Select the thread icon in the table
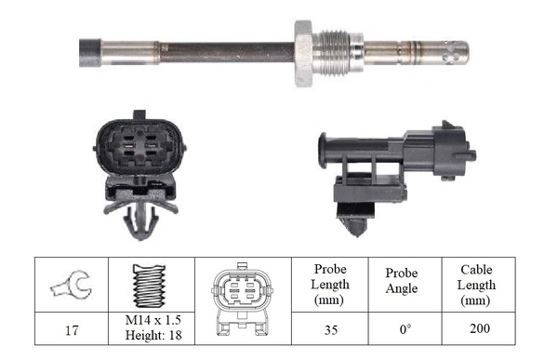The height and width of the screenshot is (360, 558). click(x=151, y=285)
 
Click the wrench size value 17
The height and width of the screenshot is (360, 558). click(x=71, y=327)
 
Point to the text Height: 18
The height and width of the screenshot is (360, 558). click(x=151, y=334)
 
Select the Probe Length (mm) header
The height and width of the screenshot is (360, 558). click(x=331, y=285)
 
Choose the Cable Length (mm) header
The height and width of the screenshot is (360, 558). click(x=477, y=285)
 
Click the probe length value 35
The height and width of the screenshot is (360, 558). click(x=331, y=327)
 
